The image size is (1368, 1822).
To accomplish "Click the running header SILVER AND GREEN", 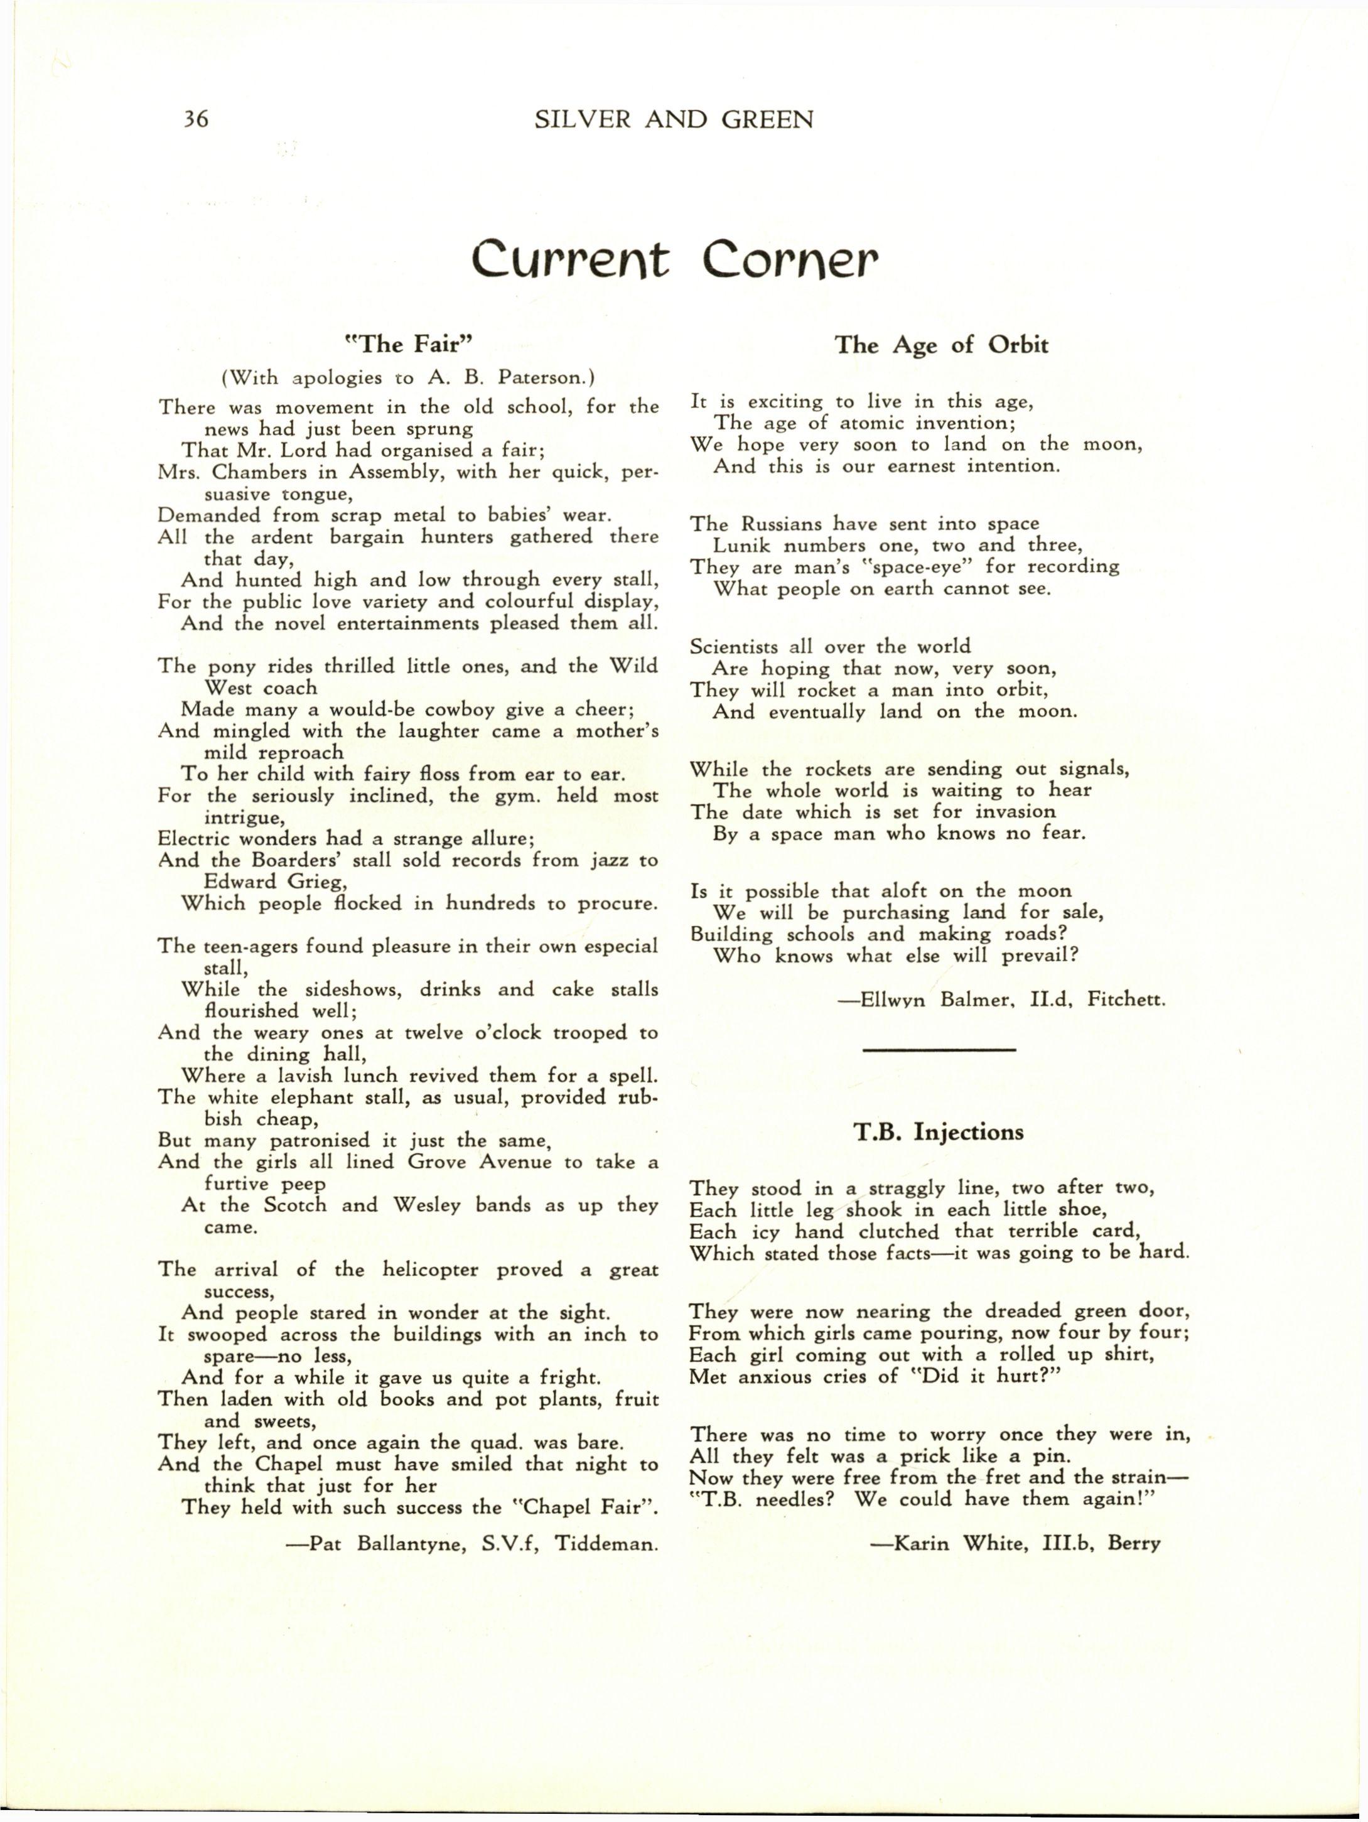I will click(674, 121).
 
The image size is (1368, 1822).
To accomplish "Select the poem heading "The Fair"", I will click(409, 343).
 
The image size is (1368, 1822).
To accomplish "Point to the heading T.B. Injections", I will click(938, 1132).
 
